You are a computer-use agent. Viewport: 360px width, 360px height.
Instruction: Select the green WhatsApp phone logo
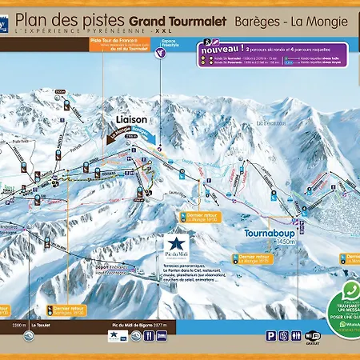[x=348, y=291]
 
